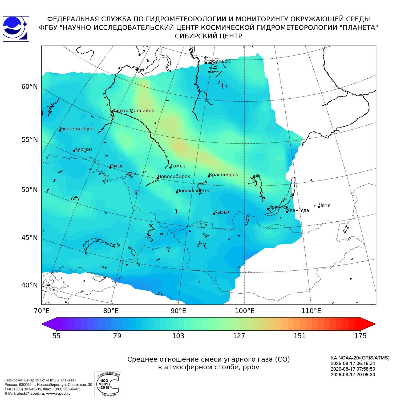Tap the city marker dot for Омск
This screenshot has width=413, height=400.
[110, 167]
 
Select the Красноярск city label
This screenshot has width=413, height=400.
[223, 175]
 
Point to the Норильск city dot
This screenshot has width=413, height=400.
[206, 63]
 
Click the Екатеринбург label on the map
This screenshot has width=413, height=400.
[78, 129]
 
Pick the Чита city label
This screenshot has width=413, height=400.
[325, 205]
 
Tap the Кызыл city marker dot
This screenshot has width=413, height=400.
[214, 214]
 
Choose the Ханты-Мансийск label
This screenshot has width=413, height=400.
[133, 111]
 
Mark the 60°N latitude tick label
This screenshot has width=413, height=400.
[30, 87]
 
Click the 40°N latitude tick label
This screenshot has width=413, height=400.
[30, 285]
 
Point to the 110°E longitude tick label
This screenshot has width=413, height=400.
[311, 311]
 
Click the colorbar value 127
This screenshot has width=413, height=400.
[239, 336]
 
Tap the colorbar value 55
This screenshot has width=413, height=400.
[56, 336]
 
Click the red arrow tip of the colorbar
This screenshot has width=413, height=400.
[375, 324]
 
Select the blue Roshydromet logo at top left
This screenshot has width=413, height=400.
[16, 29]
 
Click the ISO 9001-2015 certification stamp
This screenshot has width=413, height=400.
[108, 384]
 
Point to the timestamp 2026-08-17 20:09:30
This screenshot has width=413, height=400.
[353, 375]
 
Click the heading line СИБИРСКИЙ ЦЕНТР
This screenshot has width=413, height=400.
[208, 36]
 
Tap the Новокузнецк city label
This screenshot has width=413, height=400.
[193, 191]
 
